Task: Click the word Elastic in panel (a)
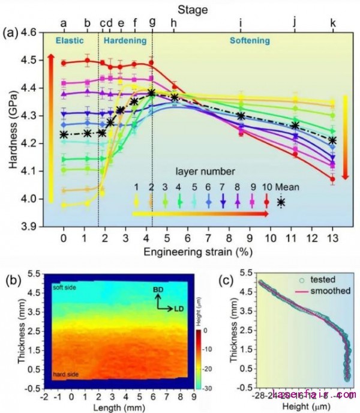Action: pos(69,40)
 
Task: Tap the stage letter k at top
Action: pos(333,23)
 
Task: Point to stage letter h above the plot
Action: pos(173,23)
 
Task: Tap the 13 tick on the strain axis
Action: pos(333,237)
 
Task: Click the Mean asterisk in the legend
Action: pos(281,202)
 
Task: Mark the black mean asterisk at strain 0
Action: pos(64,134)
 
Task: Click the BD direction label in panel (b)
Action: pos(158,289)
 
